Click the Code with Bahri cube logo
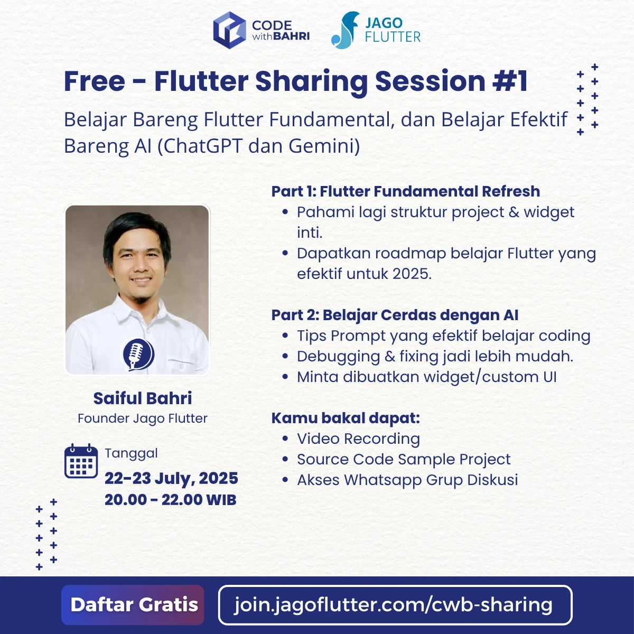(229, 31)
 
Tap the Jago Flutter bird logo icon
(344, 31)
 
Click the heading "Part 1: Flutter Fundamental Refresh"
(405, 191)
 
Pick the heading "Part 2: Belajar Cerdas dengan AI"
(395, 315)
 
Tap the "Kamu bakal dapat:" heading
(346, 418)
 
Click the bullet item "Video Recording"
(358, 439)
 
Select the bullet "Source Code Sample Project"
(404, 459)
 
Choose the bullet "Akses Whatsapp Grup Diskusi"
(407, 480)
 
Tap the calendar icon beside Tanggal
(81, 462)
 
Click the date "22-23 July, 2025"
(171, 478)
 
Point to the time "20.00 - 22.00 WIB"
(170, 500)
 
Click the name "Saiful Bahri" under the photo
(143, 398)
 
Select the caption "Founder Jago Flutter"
(143, 418)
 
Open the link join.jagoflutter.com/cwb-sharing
(394, 604)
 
